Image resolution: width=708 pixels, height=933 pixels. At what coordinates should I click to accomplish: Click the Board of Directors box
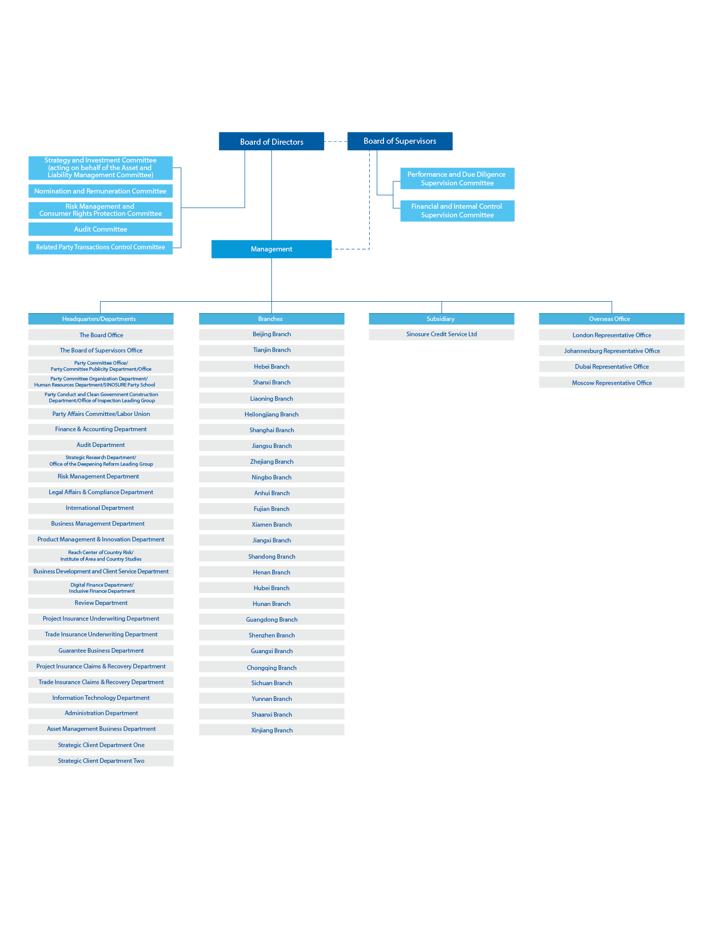click(x=271, y=142)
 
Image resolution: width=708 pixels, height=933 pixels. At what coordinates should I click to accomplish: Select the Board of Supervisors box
click(x=400, y=141)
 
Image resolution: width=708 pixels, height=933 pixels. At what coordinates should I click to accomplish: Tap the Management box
click(x=271, y=249)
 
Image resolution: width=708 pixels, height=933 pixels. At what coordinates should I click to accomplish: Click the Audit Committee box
click(x=101, y=229)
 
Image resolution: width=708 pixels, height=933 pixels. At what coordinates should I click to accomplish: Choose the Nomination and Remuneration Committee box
click(x=101, y=191)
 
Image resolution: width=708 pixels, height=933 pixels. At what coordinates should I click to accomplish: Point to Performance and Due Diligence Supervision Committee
click(x=457, y=178)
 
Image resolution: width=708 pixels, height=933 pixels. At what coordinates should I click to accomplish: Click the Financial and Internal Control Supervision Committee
click(x=457, y=211)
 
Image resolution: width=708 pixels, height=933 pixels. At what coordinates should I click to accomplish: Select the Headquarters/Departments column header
click(x=101, y=319)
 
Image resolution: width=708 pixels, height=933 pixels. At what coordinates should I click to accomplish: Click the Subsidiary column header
click(x=441, y=319)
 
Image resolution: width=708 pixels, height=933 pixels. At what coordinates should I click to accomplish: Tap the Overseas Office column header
click(x=611, y=319)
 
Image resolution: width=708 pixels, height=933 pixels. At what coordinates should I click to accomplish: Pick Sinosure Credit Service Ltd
click(x=441, y=334)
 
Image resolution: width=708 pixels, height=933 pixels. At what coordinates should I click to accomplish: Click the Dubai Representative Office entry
click(x=612, y=367)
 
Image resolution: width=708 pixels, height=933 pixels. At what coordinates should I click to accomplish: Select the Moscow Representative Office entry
click(x=612, y=383)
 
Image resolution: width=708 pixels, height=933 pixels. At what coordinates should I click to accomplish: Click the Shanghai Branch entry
click(x=272, y=430)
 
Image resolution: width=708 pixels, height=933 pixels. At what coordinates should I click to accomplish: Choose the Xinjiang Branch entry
click(x=272, y=730)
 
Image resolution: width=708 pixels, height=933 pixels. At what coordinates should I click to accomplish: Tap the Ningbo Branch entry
click(x=272, y=477)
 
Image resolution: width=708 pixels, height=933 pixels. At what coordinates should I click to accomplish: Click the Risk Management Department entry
click(x=101, y=476)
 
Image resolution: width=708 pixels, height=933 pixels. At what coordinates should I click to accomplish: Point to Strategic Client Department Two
click(x=101, y=761)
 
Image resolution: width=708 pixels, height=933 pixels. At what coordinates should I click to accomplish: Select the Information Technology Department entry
click(x=101, y=698)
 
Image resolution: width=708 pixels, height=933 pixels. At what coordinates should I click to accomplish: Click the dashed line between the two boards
click(x=336, y=142)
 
